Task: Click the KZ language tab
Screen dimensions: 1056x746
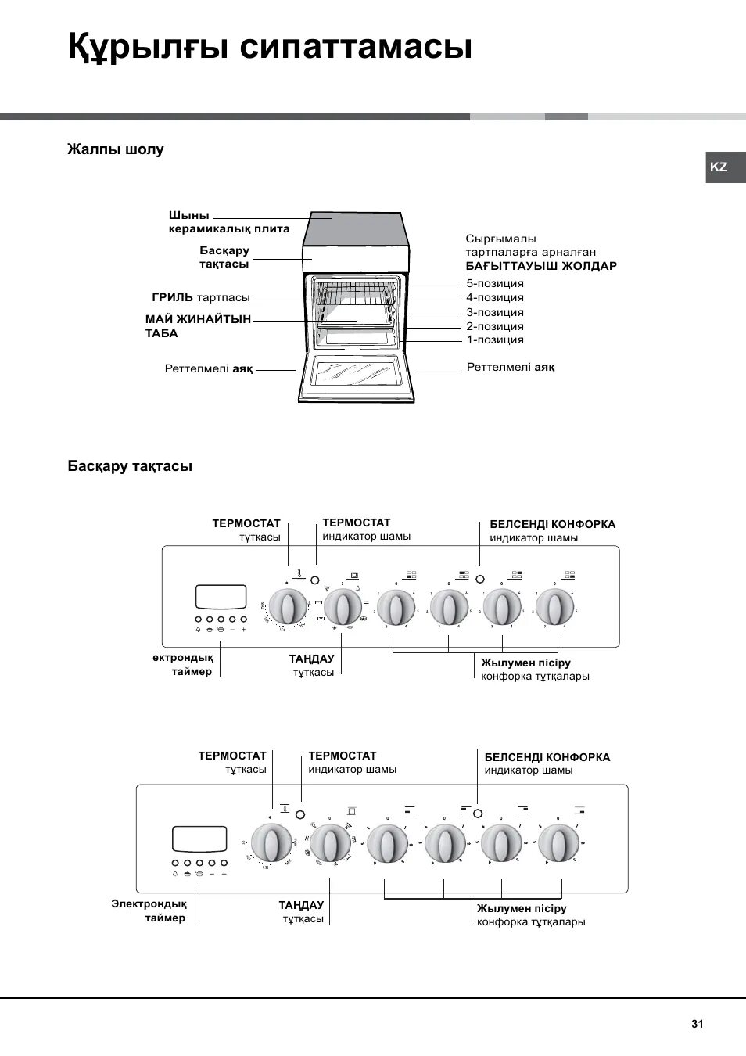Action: [719, 167]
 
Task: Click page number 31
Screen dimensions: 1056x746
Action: [697, 1024]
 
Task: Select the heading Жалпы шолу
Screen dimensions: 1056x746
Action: [116, 149]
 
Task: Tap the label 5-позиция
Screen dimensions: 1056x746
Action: [495, 283]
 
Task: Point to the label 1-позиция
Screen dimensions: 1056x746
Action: [495, 339]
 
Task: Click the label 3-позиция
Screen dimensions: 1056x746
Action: [495, 312]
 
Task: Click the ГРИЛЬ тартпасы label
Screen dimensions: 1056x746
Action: [201, 297]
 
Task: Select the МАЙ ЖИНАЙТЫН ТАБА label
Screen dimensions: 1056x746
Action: [198, 326]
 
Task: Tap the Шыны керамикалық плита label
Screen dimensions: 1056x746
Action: [228, 222]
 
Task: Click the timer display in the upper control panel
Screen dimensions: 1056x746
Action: [221, 597]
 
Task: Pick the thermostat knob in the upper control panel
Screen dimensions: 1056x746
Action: [288, 608]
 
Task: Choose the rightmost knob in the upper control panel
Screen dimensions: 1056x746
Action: [555, 607]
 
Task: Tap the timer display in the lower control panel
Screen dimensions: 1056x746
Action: [199, 839]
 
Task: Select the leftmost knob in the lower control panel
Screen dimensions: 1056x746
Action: [271, 843]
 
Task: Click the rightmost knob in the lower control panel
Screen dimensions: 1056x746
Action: [558, 843]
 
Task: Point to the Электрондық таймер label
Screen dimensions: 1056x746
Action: [149, 911]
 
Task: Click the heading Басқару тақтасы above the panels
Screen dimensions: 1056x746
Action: [130, 466]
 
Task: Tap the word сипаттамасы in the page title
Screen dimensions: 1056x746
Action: [356, 47]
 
